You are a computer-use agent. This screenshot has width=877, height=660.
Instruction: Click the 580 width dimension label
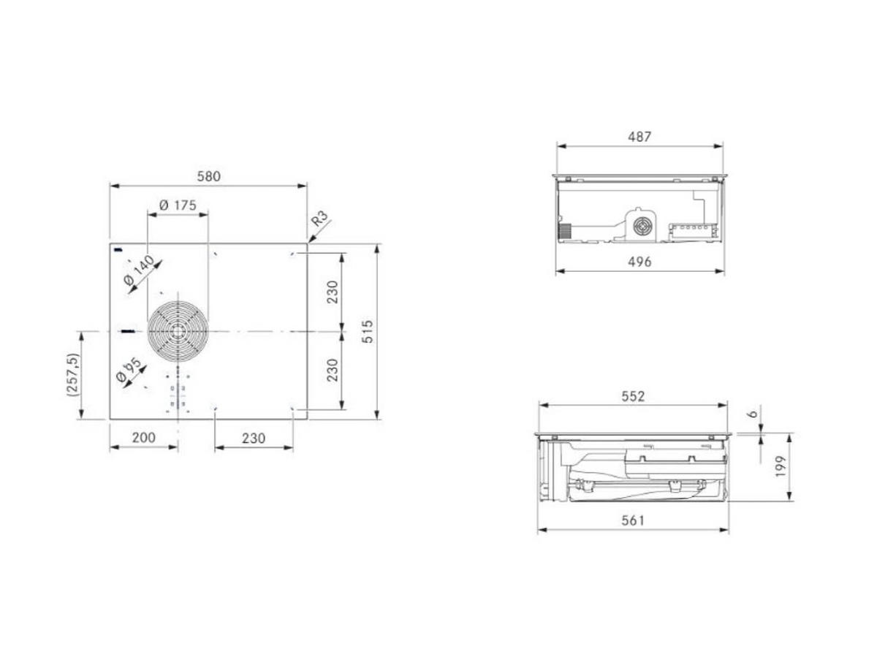[208, 176]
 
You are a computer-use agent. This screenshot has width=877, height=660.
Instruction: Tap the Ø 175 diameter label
[178, 205]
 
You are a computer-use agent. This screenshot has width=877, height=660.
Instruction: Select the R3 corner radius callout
[319, 219]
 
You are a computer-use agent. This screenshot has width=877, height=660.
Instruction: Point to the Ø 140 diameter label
[139, 270]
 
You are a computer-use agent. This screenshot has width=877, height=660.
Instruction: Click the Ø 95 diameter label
[129, 370]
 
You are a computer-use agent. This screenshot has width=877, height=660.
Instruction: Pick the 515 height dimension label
[367, 331]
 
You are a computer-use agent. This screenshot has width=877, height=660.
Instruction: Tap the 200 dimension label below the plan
[144, 438]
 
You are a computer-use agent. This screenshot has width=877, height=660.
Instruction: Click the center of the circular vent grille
[178, 331]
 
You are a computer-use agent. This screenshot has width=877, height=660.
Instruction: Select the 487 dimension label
[639, 137]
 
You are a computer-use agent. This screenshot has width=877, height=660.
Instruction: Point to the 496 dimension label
[639, 262]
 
